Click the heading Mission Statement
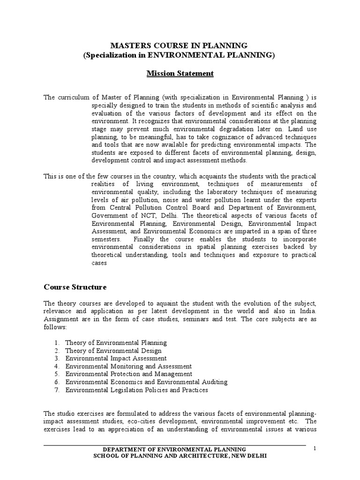pos(180,74)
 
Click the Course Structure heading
pos(75,286)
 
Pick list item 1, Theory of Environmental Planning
pos(116,343)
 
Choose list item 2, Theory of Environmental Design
pos(113,351)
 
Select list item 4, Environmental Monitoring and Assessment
pos(128,366)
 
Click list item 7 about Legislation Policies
pos(136,390)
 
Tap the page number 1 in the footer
pos(315,449)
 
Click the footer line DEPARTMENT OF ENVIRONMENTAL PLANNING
pos(180,450)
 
